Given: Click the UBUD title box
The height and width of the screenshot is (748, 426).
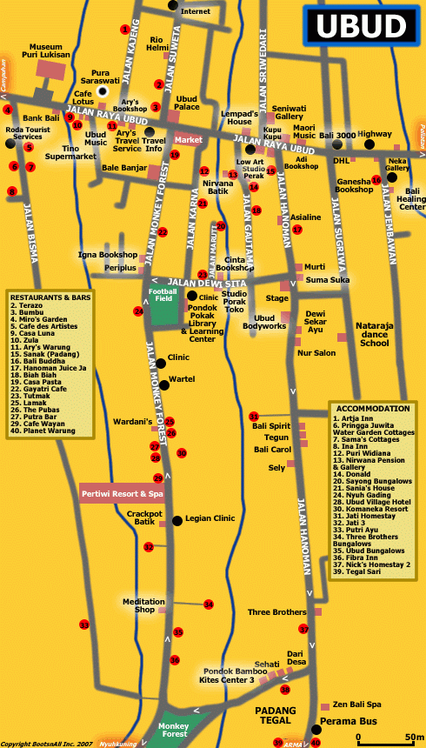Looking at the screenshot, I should [x=360, y=26].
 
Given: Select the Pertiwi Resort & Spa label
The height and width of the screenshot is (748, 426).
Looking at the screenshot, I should [x=123, y=493].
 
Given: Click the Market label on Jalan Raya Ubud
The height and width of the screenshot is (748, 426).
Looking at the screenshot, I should [x=188, y=139].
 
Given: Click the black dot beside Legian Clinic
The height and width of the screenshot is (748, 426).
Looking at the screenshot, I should [x=177, y=520].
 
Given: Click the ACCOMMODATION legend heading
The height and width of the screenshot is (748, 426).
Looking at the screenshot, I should [x=372, y=408].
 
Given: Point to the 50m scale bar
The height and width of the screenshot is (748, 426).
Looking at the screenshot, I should [x=383, y=739].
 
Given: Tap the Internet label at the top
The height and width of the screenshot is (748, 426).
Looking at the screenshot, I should [x=196, y=11].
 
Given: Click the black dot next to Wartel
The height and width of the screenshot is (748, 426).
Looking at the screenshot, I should [x=160, y=379].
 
